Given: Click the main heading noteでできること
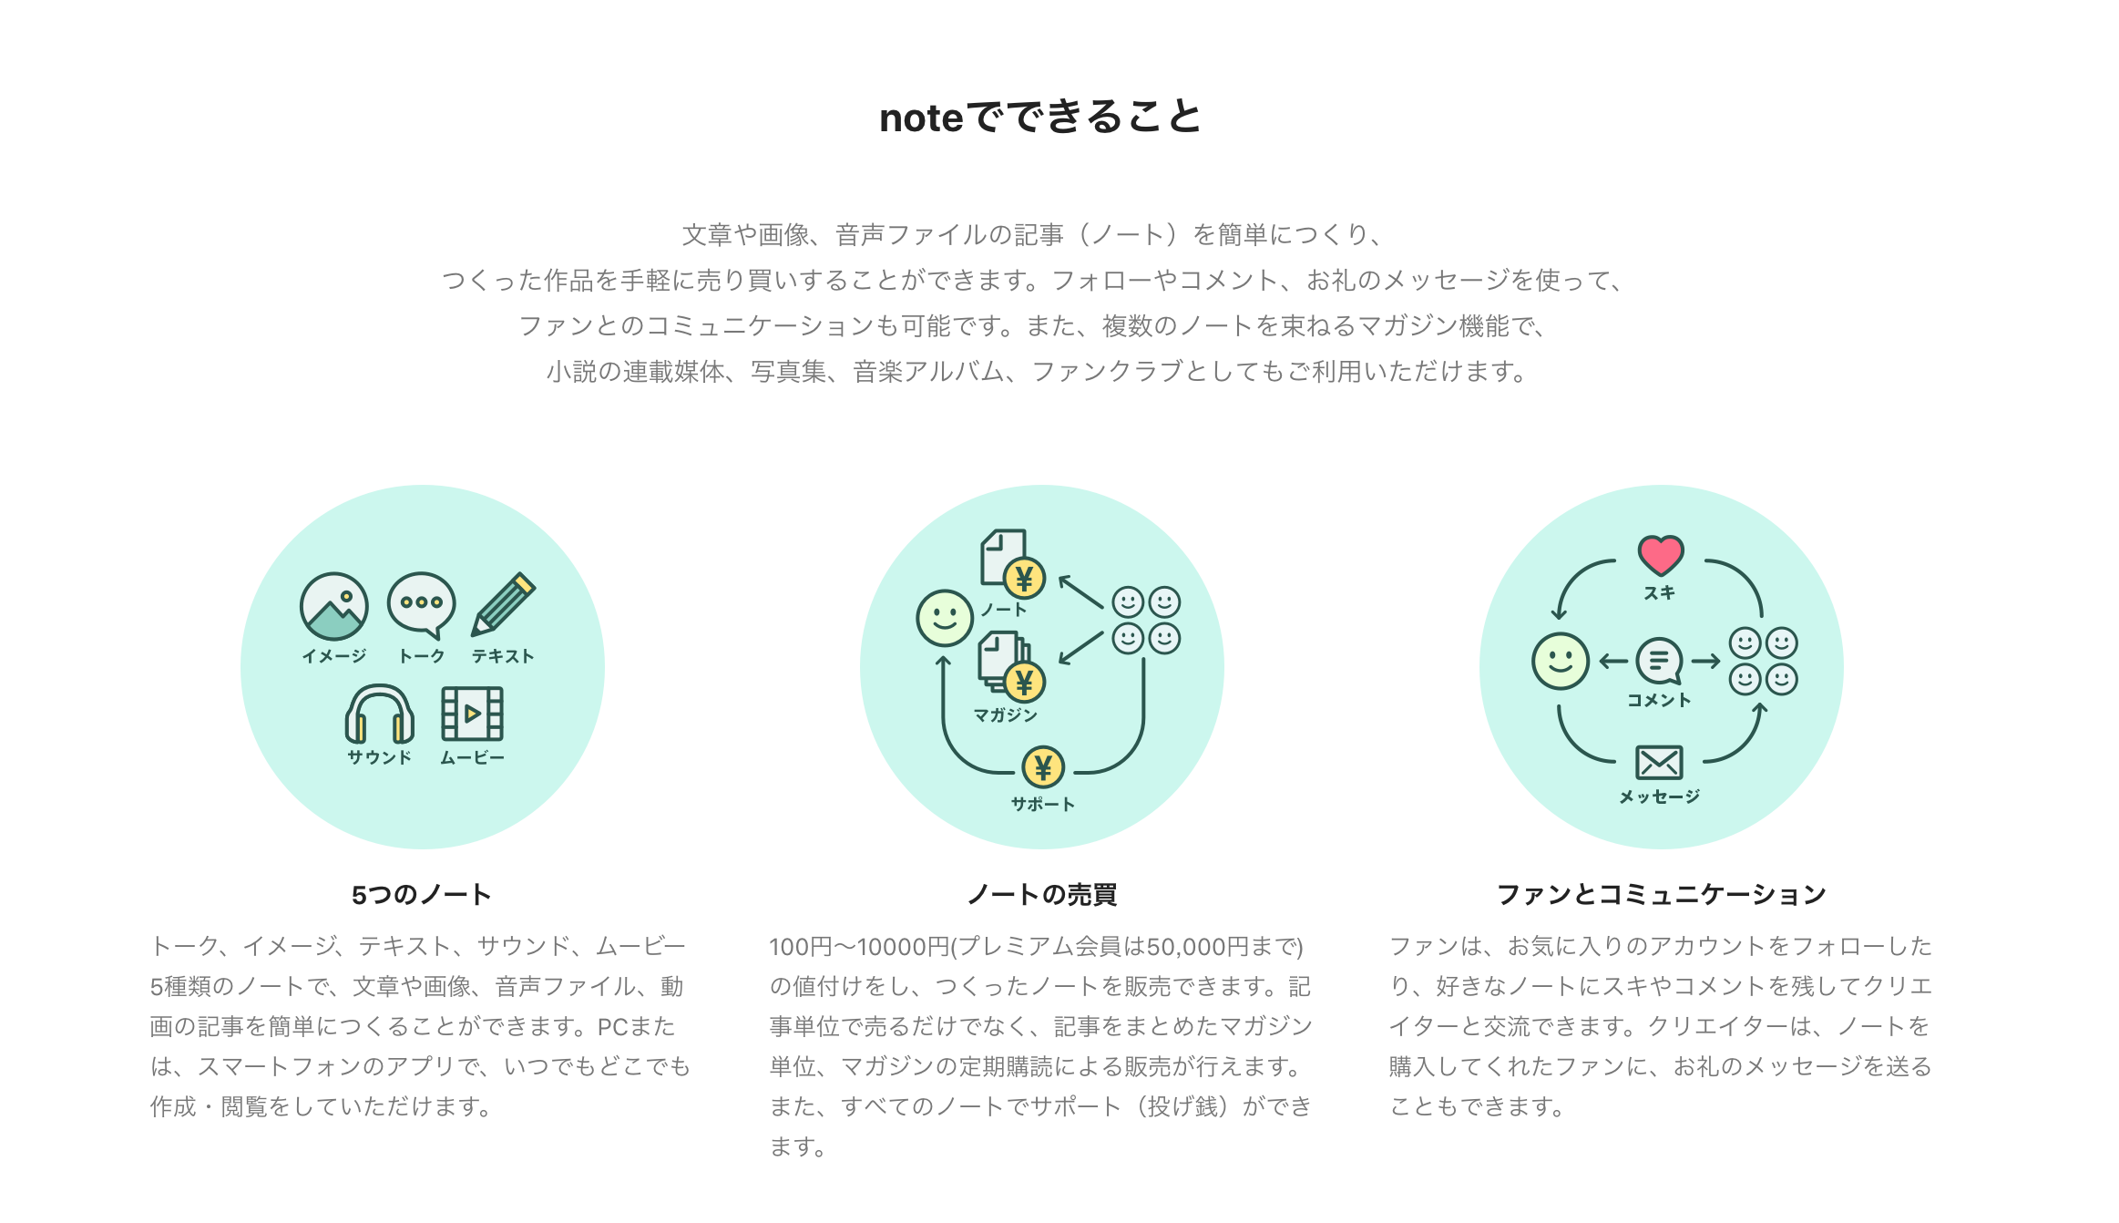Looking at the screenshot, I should tap(1040, 118).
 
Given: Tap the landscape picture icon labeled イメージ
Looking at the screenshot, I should tap(334, 606).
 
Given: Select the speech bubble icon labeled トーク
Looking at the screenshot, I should tap(421, 604).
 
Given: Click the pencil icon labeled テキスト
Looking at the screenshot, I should tap(503, 604).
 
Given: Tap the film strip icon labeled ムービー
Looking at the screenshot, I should tap(472, 713).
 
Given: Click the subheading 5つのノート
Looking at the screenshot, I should tap(421, 895).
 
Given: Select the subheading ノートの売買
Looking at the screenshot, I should tap(1041, 895).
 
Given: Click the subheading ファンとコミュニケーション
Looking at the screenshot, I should tap(1661, 895).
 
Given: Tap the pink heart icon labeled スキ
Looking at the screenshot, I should tap(1660, 554).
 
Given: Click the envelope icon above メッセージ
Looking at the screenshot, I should tap(1659, 763).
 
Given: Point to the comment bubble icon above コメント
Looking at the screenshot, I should tap(1659, 661).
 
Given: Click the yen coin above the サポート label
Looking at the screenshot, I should tap(1043, 767).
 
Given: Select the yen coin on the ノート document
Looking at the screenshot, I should tap(1024, 579).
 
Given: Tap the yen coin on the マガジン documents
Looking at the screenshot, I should tap(1024, 682).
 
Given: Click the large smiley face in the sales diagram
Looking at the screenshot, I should tap(945, 619).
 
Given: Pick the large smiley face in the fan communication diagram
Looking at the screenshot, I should tap(1561, 661).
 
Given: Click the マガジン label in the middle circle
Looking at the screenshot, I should tap(1005, 715).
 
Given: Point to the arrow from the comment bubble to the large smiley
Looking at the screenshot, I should tap(1613, 662).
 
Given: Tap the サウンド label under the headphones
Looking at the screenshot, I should tap(379, 757).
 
